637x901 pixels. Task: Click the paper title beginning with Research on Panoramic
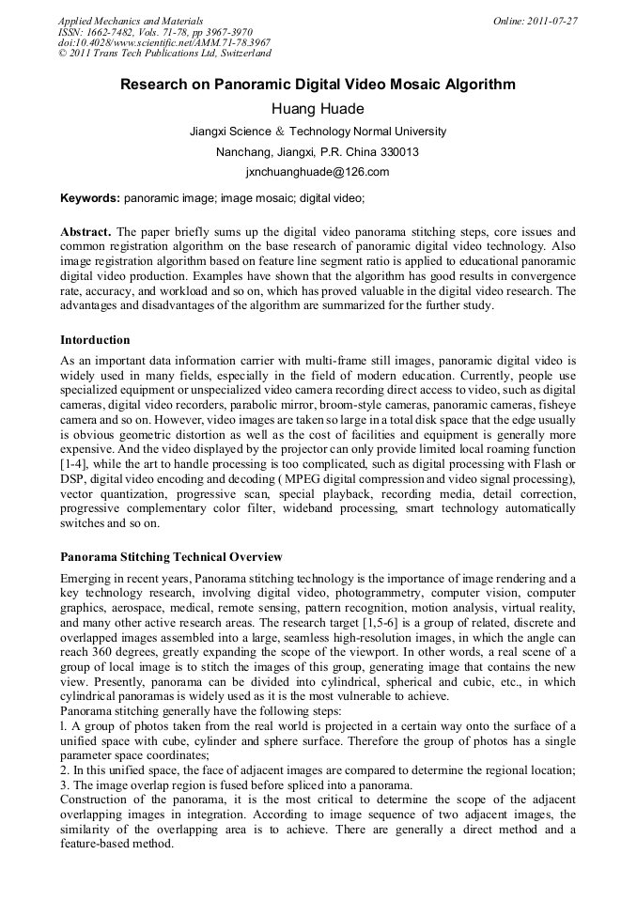318,85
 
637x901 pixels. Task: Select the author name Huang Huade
318,109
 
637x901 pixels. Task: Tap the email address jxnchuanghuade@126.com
318,172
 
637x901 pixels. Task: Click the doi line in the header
163,43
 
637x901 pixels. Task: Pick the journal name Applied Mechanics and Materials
131,21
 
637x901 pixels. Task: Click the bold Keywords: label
90,198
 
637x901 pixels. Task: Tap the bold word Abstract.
85,231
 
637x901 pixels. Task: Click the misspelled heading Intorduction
95,339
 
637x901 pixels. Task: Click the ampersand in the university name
279,132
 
